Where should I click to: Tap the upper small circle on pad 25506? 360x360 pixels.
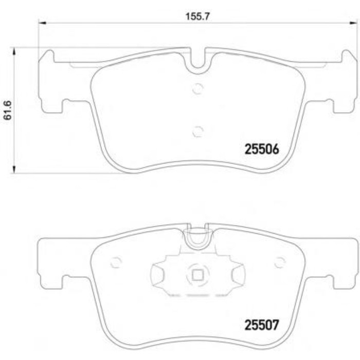tap(197, 89)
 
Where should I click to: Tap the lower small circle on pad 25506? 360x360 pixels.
tap(197, 132)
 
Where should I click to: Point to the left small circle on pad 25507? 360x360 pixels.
tap(116, 262)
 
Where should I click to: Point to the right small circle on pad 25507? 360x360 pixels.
tap(280, 262)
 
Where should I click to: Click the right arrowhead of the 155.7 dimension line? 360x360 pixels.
tap(354, 23)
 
